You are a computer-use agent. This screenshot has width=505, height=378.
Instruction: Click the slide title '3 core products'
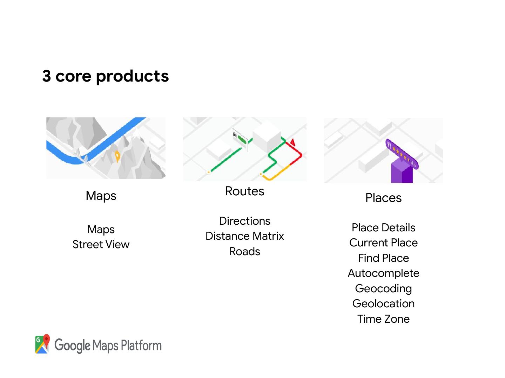tap(105, 76)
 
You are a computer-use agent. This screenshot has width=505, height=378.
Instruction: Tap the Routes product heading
tap(244, 191)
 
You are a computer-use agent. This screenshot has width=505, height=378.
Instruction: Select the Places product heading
tap(383, 198)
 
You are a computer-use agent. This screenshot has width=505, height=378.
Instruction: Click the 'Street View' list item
tap(101, 244)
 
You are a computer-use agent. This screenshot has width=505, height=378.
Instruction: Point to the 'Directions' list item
tap(244, 221)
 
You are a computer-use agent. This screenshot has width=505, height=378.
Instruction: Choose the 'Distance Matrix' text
tap(244, 236)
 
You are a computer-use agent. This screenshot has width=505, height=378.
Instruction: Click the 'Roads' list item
tap(244, 251)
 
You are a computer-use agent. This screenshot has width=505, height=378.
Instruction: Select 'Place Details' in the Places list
tap(383, 227)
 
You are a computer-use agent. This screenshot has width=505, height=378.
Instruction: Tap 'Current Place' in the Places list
tap(383, 243)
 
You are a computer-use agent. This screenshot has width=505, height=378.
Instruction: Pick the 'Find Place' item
tap(383, 258)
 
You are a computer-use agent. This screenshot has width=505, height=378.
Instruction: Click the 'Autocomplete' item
tap(383, 273)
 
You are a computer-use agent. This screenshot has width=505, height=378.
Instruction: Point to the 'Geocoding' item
tap(383, 288)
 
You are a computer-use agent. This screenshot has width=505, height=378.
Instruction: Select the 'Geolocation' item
tap(383, 303)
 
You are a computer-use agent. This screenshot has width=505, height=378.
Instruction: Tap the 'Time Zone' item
tap(383, 319)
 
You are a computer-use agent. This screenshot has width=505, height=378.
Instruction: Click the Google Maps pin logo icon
tap(42, 344)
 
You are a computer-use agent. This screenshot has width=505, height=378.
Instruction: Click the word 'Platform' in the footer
tap(141, 346)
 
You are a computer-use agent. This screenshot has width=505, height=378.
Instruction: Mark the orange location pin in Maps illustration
tap(117, 156)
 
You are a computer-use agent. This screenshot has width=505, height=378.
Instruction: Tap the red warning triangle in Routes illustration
tap(292, 142)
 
